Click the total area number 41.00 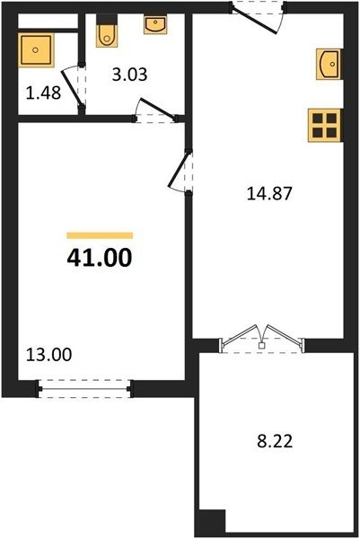[100, 258]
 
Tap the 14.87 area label [269, 193]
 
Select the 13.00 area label [49, 355]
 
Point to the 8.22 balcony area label [275, 441]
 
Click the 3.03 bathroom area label [129, 75]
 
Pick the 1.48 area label [44, 93]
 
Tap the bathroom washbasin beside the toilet [155, 24]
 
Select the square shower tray [36, 49]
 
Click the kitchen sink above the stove [329, 64]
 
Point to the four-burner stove [325, 126]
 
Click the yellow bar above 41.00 [100, 235]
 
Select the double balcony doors [262, 338]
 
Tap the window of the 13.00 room [85, 389]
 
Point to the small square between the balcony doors [262, 346]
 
